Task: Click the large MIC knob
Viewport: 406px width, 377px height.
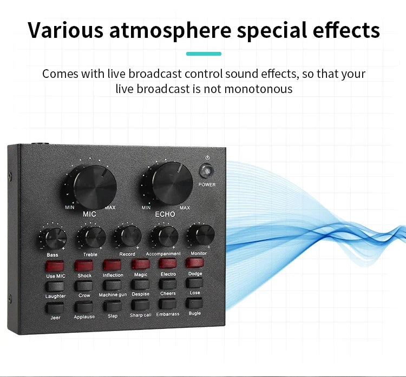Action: point(94,185)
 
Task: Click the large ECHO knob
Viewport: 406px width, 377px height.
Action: point(168,182)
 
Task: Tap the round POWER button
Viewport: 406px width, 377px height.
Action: point(206,171)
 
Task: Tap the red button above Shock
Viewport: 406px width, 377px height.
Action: point(84,265)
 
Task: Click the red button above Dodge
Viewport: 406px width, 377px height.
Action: point(195,263)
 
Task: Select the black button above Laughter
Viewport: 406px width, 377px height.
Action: point(55,286)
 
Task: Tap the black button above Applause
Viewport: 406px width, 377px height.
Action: point(84,307)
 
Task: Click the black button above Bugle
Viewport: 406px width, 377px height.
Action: point(195,303)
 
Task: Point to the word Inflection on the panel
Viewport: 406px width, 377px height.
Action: point(113,275)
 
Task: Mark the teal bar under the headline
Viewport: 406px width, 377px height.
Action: point(204,54)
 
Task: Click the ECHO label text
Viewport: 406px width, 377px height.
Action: point(165,214)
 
